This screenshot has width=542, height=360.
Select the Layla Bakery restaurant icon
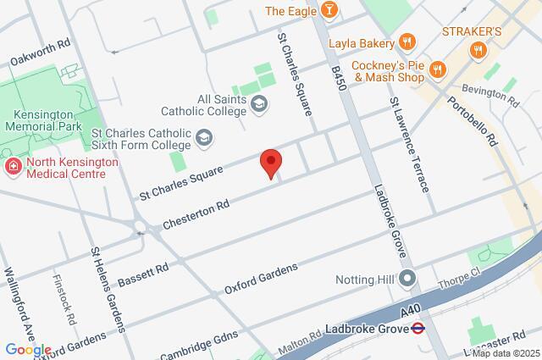[x=407, y=42]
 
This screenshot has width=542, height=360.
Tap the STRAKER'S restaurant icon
[x=478, y=50]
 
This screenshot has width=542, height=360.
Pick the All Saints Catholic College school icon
[x=260, y=104]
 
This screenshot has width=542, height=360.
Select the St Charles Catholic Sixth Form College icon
[x=203, y=136]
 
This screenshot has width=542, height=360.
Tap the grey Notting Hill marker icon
[x=407, y=277]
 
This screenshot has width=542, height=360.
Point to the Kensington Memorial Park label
[x=41, y=119]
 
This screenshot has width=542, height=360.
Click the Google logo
[x=27, y=350]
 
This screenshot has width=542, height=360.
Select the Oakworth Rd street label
[x=41, y=53]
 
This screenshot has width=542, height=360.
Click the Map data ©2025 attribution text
[x=505, y=353]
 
